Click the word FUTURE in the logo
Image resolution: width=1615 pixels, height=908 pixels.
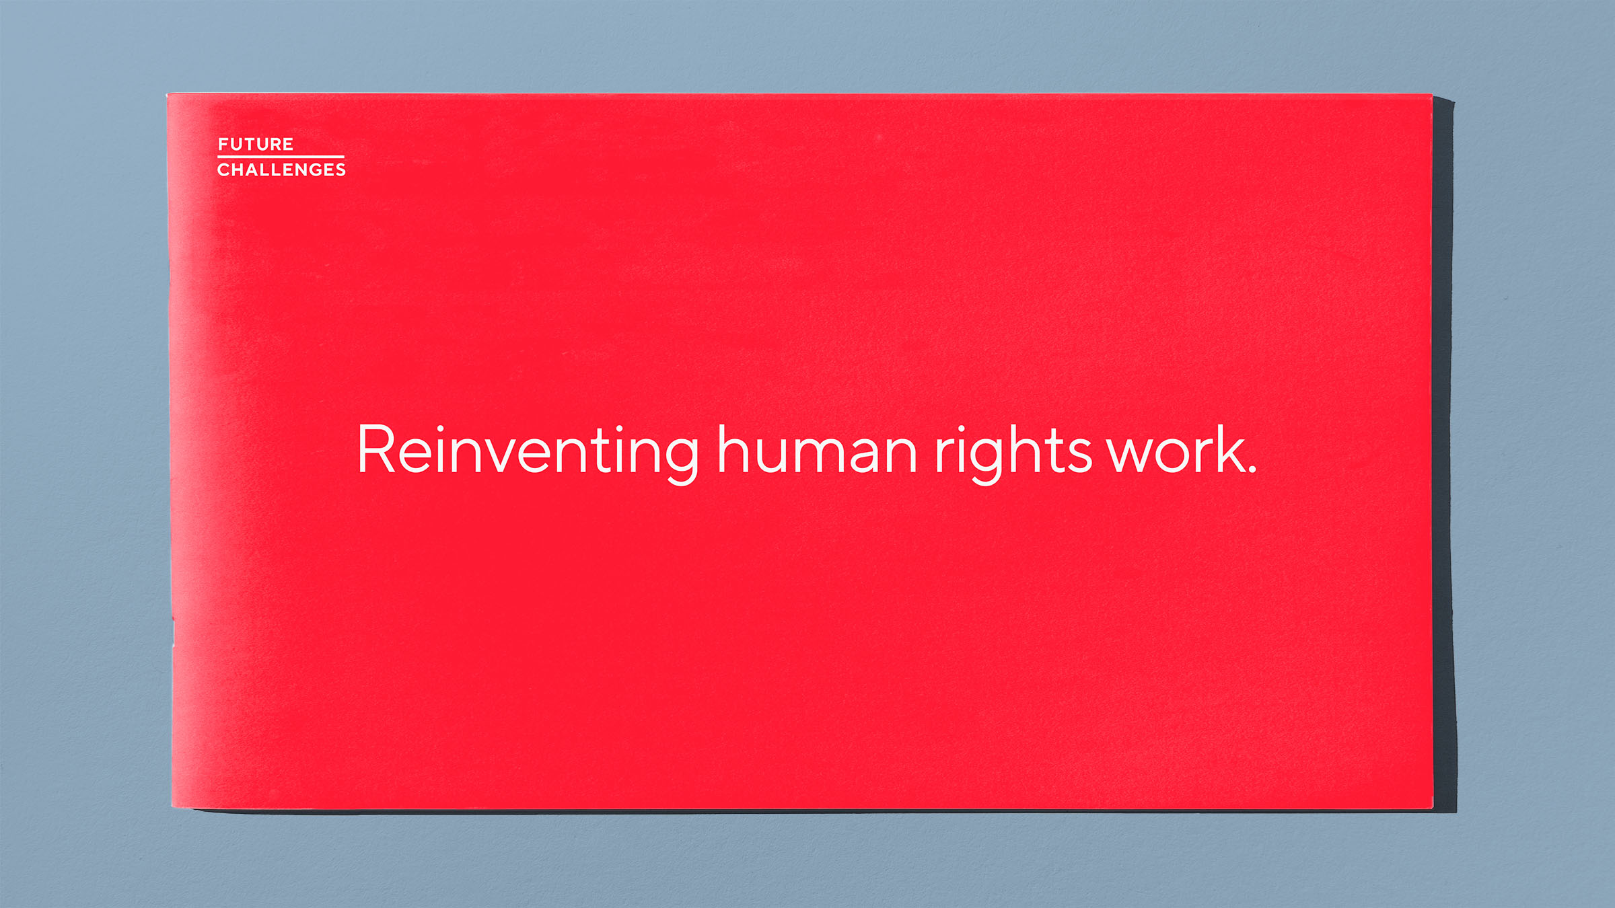click(x=256, y=145)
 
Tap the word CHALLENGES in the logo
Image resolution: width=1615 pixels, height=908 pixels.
click(x=281, y=169)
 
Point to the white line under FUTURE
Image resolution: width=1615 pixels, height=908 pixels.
click(x=281, y=157)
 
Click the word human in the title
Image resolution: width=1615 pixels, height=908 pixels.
click(x=816, y=451)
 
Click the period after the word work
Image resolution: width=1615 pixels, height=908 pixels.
click(x=1252, y=471)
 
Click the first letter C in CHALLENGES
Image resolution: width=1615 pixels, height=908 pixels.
click(x=223, y=169)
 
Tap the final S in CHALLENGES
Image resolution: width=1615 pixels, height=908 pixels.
click(x=340, y=169)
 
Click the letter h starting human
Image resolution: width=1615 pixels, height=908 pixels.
click(x=733, y=449)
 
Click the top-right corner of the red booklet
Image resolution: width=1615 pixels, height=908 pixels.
click(x=1431, y=95)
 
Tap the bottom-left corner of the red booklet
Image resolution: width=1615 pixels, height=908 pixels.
click(x=172, y=806)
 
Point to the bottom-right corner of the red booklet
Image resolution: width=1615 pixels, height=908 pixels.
click(x=1433, y=808)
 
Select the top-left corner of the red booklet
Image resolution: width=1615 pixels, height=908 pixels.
click(x=168, y=95)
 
